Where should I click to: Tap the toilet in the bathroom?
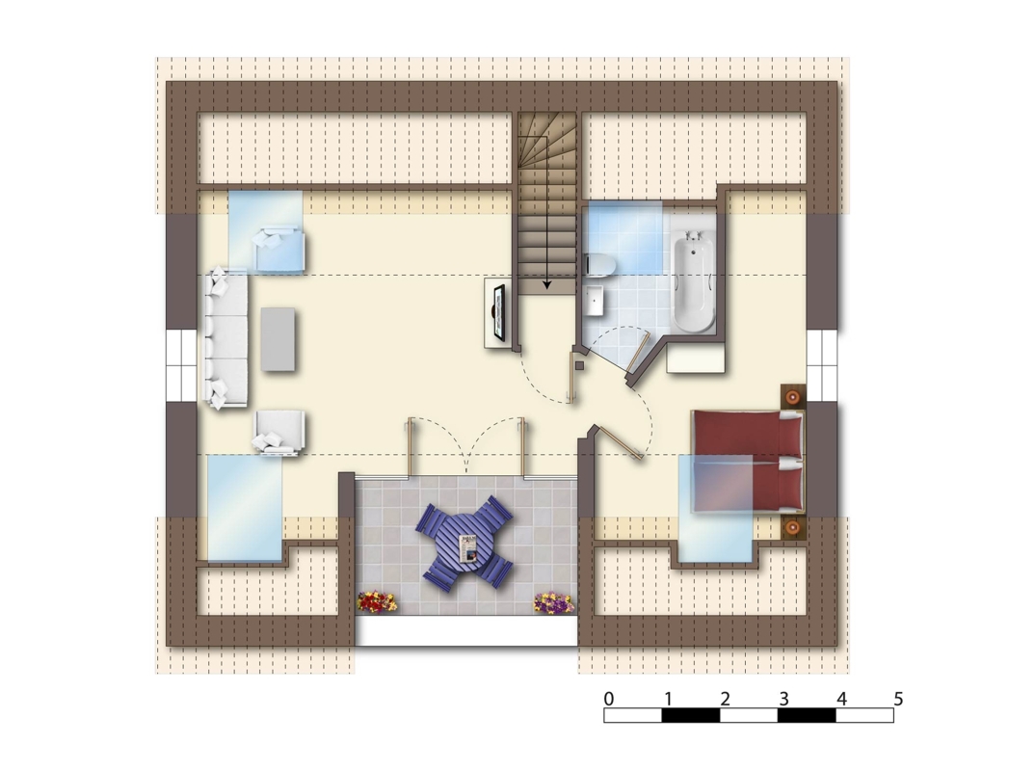(600, 265)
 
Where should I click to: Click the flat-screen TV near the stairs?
(500, 313)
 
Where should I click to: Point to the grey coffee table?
(278, 339)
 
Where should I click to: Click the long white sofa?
(226, 338)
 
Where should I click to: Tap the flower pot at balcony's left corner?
(377, 601)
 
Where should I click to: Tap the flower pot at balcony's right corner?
(553, 602)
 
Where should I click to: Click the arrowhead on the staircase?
(546, 285)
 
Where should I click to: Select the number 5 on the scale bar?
(898, 699)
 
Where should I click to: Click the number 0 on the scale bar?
(609, 699)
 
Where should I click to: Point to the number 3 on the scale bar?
(783, 699)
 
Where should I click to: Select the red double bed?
(748, 462)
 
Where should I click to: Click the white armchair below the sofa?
(279, 432)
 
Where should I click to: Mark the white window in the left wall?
(181, 365)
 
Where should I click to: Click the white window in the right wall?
(822, 365)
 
